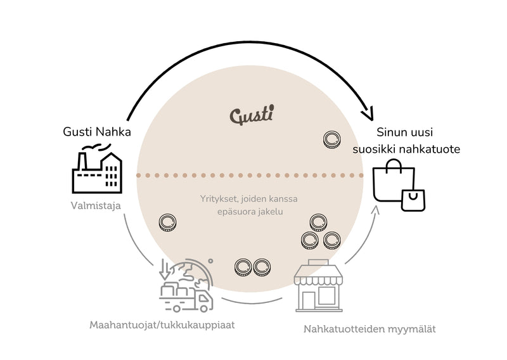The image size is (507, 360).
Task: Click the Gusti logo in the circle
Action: coord(252,115)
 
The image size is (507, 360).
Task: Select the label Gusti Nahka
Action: coord(97,132)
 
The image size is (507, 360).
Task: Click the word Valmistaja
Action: coord(96,205)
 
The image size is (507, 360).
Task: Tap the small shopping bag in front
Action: coord(413,200)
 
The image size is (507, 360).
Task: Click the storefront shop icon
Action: coord(319,286)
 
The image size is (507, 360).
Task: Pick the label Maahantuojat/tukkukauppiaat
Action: coord(162,325)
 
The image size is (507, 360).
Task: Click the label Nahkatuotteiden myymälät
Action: coord(369,330)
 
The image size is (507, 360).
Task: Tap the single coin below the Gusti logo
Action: coord(331,139)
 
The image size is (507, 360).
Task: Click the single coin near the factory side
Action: coord(167,222)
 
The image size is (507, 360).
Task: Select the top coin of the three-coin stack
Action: coord(319,222)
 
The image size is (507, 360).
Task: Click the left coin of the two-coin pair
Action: coord(243,267)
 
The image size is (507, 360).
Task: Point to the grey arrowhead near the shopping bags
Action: coord(375,210)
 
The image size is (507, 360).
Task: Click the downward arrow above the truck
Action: coord(165,269)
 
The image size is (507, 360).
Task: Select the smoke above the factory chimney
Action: coord(96,148)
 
